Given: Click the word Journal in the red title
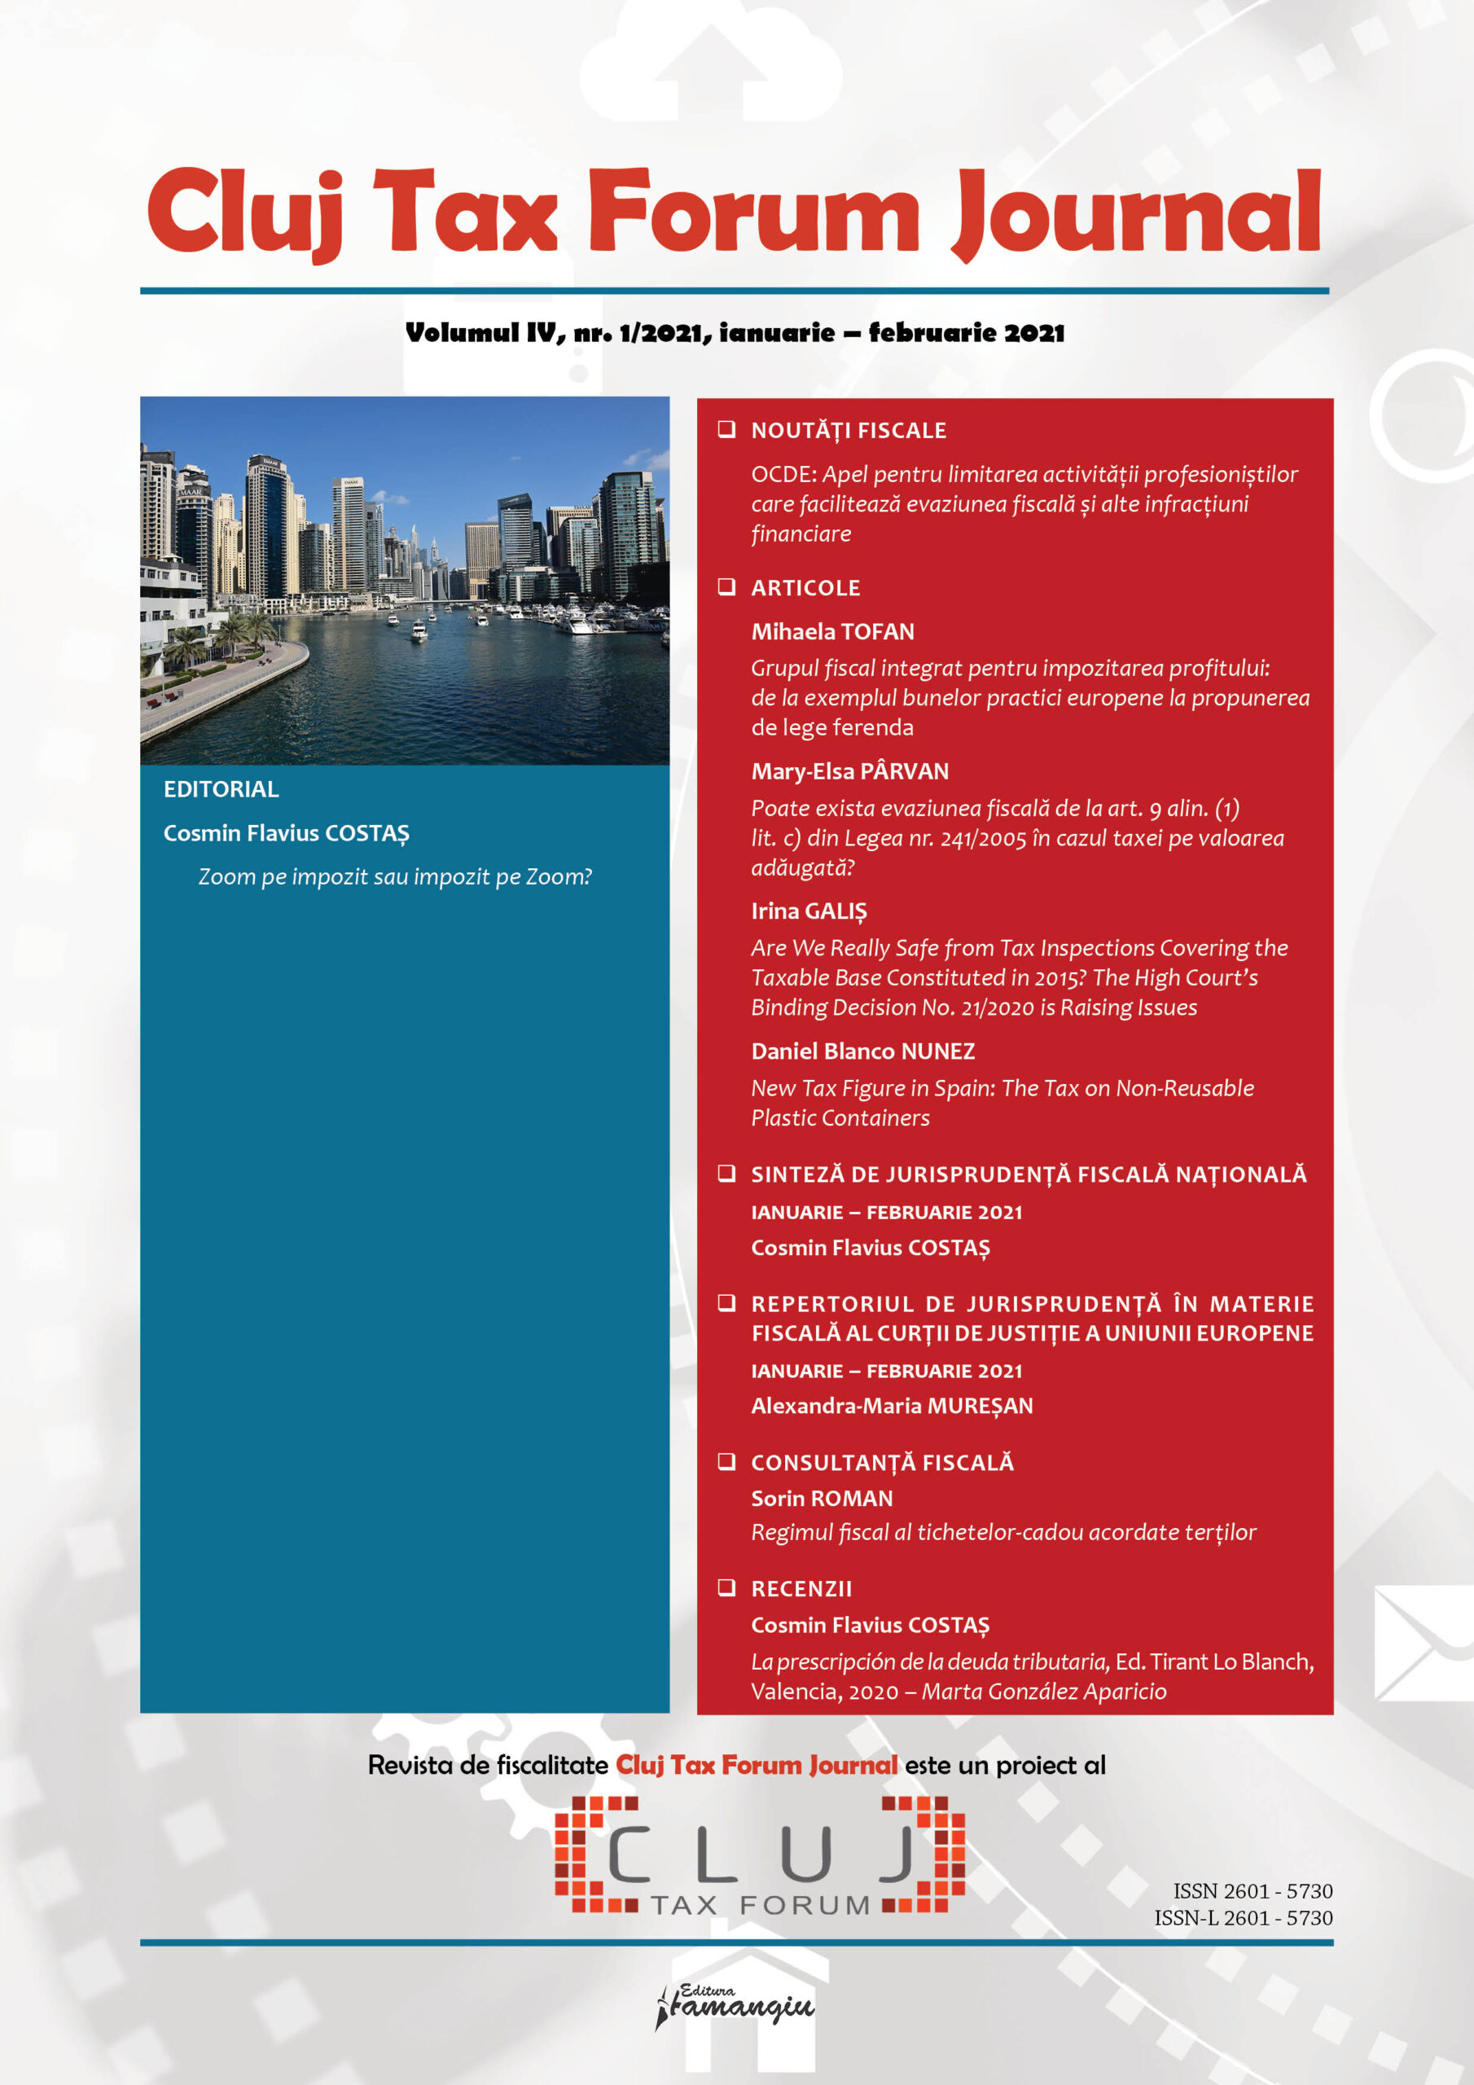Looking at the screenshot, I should coord(1136,213).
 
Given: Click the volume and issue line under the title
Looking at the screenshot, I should coord(735,333).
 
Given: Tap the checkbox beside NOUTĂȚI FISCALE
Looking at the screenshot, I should coord(726,429).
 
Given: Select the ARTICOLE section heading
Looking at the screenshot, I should coord(805,587).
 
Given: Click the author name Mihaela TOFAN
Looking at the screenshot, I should coord(832,631).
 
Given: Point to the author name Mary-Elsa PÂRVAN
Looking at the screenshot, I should coord(849,771).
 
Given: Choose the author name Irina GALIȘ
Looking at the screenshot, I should coord(809,911).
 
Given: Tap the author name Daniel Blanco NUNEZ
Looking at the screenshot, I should coord(862,1051).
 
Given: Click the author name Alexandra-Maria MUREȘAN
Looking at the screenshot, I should coord(891,1406).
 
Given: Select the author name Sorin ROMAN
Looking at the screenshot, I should coord(821,1499).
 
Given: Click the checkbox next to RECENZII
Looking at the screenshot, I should coord(726,1587).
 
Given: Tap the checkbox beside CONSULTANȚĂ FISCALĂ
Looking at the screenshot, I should coord(726,1461).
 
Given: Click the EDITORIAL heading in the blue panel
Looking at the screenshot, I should coord(221,789).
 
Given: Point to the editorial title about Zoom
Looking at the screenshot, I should coord(395,876).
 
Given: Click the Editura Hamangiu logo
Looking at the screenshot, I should coord(735,2007).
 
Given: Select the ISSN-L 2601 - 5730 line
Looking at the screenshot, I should coord(1243,1918).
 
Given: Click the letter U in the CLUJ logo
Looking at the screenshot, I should coord(805,1854).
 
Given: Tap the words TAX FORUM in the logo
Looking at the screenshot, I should coord(760,1905).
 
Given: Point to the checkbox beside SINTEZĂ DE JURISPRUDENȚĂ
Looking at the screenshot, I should coord(726,1174).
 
